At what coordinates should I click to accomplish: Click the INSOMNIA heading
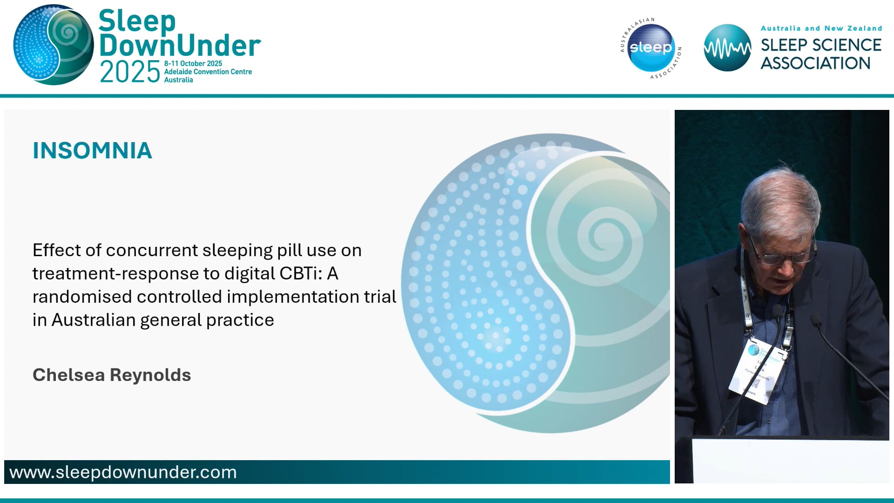tap(92, 150)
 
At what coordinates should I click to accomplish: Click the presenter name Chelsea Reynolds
tap(112, 375)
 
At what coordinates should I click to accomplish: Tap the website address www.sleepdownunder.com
tap(123, 472)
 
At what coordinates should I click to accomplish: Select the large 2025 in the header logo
tap(130, 72)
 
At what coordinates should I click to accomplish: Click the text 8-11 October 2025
tap(193, 63)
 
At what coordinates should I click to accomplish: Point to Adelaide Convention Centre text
tap(208, 72)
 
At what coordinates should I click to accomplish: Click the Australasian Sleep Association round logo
tap(651, 48)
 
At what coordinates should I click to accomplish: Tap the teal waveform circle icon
tap(727, 48)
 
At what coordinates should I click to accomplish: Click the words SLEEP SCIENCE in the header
tap(821, 45)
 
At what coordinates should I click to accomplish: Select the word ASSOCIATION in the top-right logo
tap(815, 63)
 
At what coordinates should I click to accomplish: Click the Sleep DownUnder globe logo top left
tap(53, 45)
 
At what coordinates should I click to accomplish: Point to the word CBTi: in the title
tap(301, 273)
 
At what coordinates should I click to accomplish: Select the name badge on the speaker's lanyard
tap(757, 370)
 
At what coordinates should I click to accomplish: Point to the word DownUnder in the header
tap(180, 46)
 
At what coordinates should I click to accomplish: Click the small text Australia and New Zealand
tap(821, 28)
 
